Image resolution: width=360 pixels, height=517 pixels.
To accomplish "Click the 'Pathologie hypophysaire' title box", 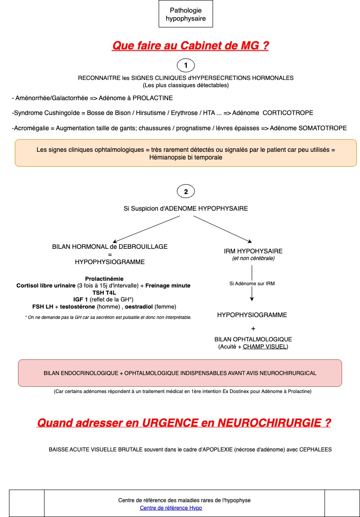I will [186, 14].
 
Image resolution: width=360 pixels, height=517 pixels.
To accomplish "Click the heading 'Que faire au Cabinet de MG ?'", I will [190, 46].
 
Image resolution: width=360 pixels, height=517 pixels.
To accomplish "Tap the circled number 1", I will [186, 66].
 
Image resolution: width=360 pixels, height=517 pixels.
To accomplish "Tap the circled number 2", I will [186, 192].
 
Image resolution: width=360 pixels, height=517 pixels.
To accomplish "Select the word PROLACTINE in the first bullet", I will [152, 97].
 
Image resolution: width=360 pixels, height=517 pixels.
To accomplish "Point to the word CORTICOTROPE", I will [288, 113].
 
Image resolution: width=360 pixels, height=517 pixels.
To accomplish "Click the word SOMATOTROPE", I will [321, 128].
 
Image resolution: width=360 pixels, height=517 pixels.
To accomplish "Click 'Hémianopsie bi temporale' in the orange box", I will [186, 158].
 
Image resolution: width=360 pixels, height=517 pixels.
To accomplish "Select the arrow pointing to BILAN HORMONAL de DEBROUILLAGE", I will [144, 229].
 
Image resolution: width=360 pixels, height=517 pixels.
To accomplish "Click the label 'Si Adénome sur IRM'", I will [252, 283].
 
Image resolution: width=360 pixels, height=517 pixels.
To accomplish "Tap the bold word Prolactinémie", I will [104, 278].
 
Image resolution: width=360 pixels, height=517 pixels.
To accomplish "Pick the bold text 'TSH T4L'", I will [104, 292].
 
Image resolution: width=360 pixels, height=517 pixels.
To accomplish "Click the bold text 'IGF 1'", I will [81, 299].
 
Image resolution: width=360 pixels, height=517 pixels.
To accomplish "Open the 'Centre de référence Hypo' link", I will [171, 508].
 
